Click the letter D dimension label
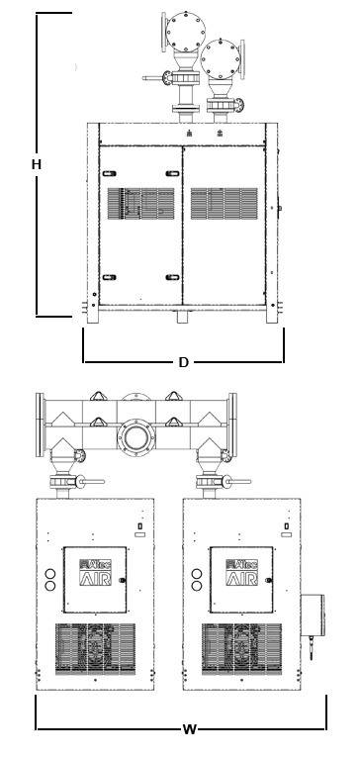(183, 363)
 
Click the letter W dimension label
(188, 730)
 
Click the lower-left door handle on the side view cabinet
(109, 277)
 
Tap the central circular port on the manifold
(135, 436)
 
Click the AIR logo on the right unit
(241, 573)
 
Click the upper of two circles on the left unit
(50, 573)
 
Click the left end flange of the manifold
(41, 424)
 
